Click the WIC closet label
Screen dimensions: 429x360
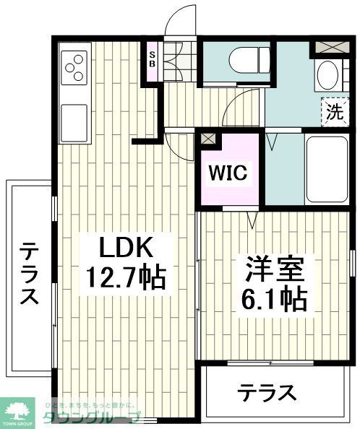tap(228, 174)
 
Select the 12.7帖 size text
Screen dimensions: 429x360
tap(124, 276)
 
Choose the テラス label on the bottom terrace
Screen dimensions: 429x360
tap(268, 394)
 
